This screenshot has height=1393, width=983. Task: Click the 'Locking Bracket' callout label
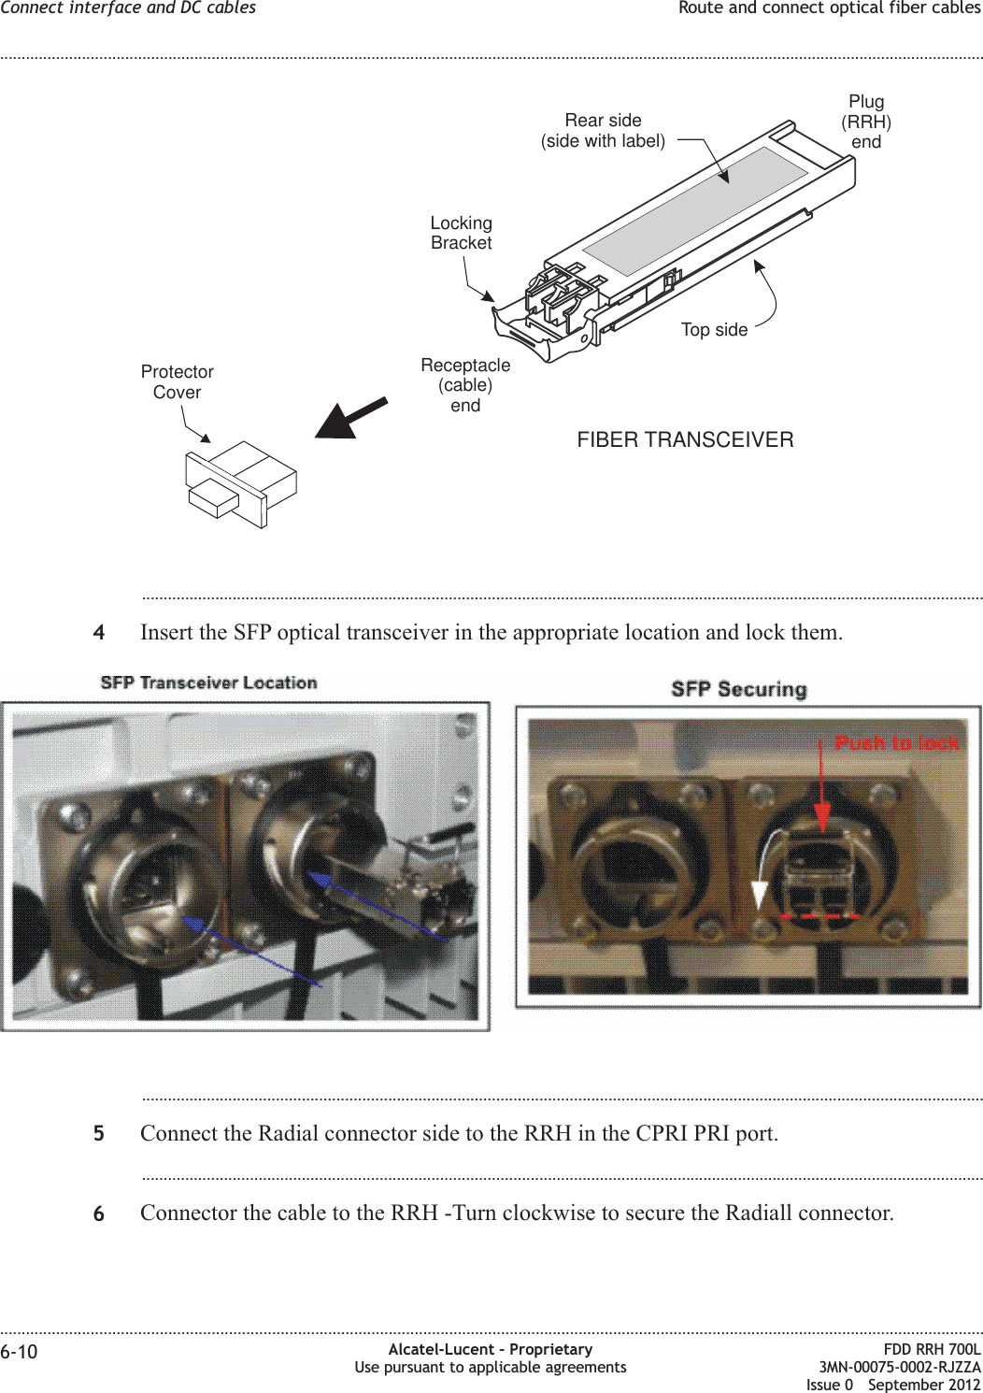(x=461, y=233)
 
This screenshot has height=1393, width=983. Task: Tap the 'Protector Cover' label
(x=177, y=382)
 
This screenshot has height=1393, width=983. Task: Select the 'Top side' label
(x=714, y=330)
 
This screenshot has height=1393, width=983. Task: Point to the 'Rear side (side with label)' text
(x=603, y=131)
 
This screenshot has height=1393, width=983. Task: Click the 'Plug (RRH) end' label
(x=866, y=122)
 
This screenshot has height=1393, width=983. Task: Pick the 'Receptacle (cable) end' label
(x=465, y=385)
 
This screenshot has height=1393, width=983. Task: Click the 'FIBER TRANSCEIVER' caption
(x=685, y=440)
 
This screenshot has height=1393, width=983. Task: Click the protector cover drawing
(x=240, y=484)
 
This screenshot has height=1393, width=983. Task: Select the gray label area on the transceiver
(x=695, y=211)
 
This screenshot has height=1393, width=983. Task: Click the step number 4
(x=99, y=633)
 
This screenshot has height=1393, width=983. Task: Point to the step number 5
(x=99, y=1134)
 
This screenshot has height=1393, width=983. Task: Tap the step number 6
(x=99, y=1213)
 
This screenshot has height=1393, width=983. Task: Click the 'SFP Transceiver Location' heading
(x=208, y=683)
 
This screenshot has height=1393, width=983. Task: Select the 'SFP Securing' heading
(x=738, y=690)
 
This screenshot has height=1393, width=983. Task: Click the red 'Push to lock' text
(x=897, y=743)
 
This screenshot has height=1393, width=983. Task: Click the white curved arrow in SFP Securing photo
(x=761, y=879)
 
